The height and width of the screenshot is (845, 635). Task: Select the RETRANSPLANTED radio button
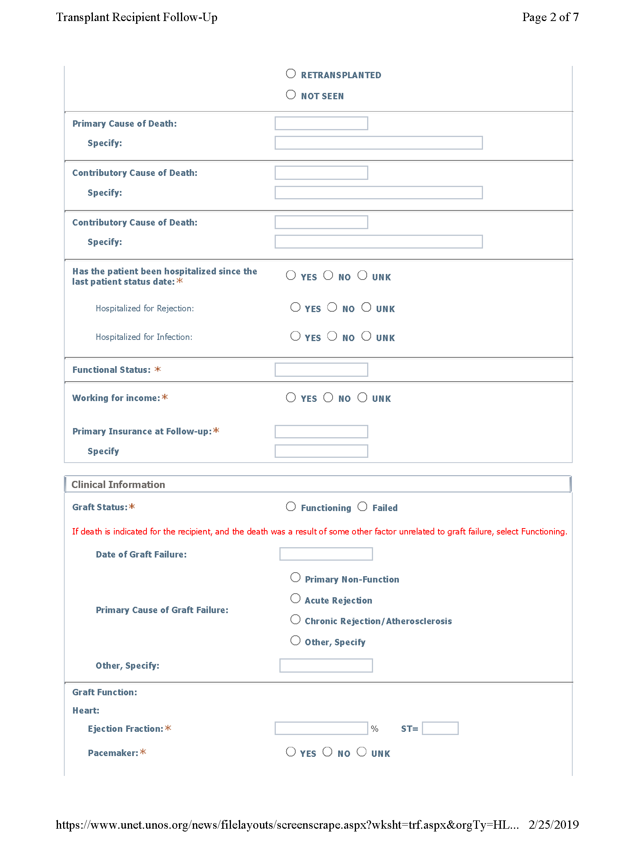(291, 74)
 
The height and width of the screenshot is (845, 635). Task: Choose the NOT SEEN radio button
(291, 95)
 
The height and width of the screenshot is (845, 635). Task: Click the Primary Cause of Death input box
(321, 123)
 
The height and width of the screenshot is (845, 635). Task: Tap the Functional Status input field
(321, 370)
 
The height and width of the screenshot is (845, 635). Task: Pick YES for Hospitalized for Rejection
(295, 307)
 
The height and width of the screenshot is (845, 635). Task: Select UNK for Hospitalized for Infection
(366, 336)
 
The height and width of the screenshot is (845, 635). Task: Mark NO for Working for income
(328, 397)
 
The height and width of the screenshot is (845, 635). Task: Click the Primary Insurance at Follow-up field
(321, 432)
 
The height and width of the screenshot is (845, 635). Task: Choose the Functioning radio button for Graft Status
(291, 507)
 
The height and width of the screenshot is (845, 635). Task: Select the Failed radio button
(362, 507)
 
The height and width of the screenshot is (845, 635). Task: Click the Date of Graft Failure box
(326, 554)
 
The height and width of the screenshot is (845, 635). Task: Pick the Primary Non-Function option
(295, 577)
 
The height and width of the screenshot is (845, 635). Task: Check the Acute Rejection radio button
(295, 599)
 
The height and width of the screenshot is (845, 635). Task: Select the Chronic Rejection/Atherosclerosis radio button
(295, 619)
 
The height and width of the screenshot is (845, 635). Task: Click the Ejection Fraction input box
(321, 728)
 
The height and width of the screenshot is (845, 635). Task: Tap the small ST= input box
(440, 728)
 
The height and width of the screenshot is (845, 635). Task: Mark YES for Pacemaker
(291, 752)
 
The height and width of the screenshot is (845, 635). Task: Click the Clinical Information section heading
(118, 485)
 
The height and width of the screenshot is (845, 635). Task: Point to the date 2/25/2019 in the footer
(554, 825)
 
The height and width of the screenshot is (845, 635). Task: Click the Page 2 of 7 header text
(550, 17)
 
